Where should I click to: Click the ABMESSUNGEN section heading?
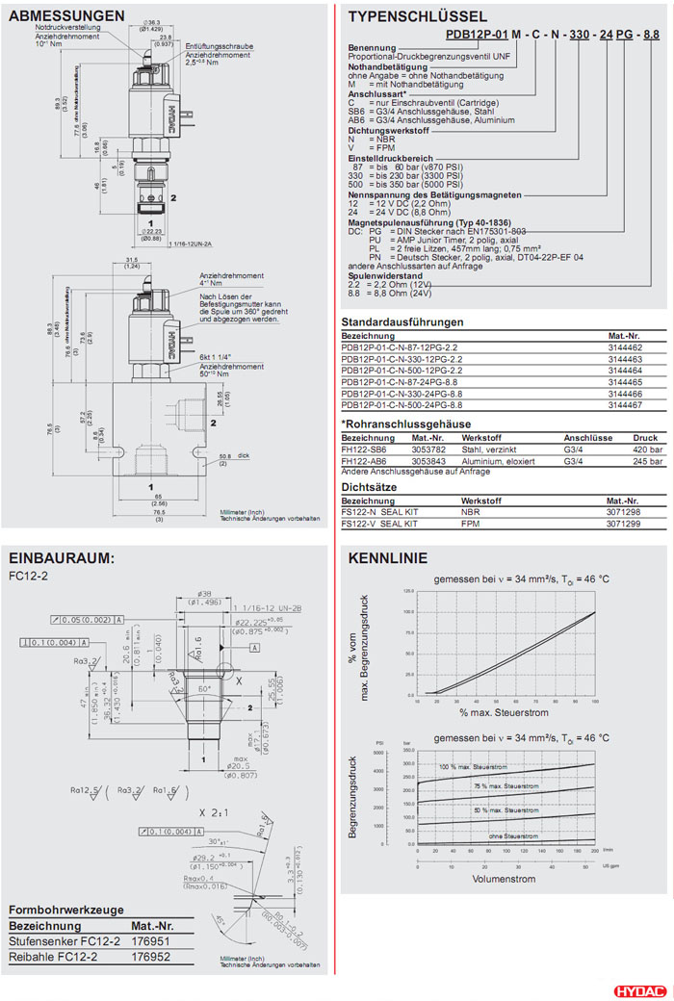66,16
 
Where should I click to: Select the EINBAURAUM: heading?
62,558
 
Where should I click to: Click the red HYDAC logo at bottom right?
637,989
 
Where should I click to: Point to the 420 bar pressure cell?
648,449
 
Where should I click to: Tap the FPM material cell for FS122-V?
470,525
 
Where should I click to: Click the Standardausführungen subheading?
402,321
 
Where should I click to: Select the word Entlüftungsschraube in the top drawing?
219,45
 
